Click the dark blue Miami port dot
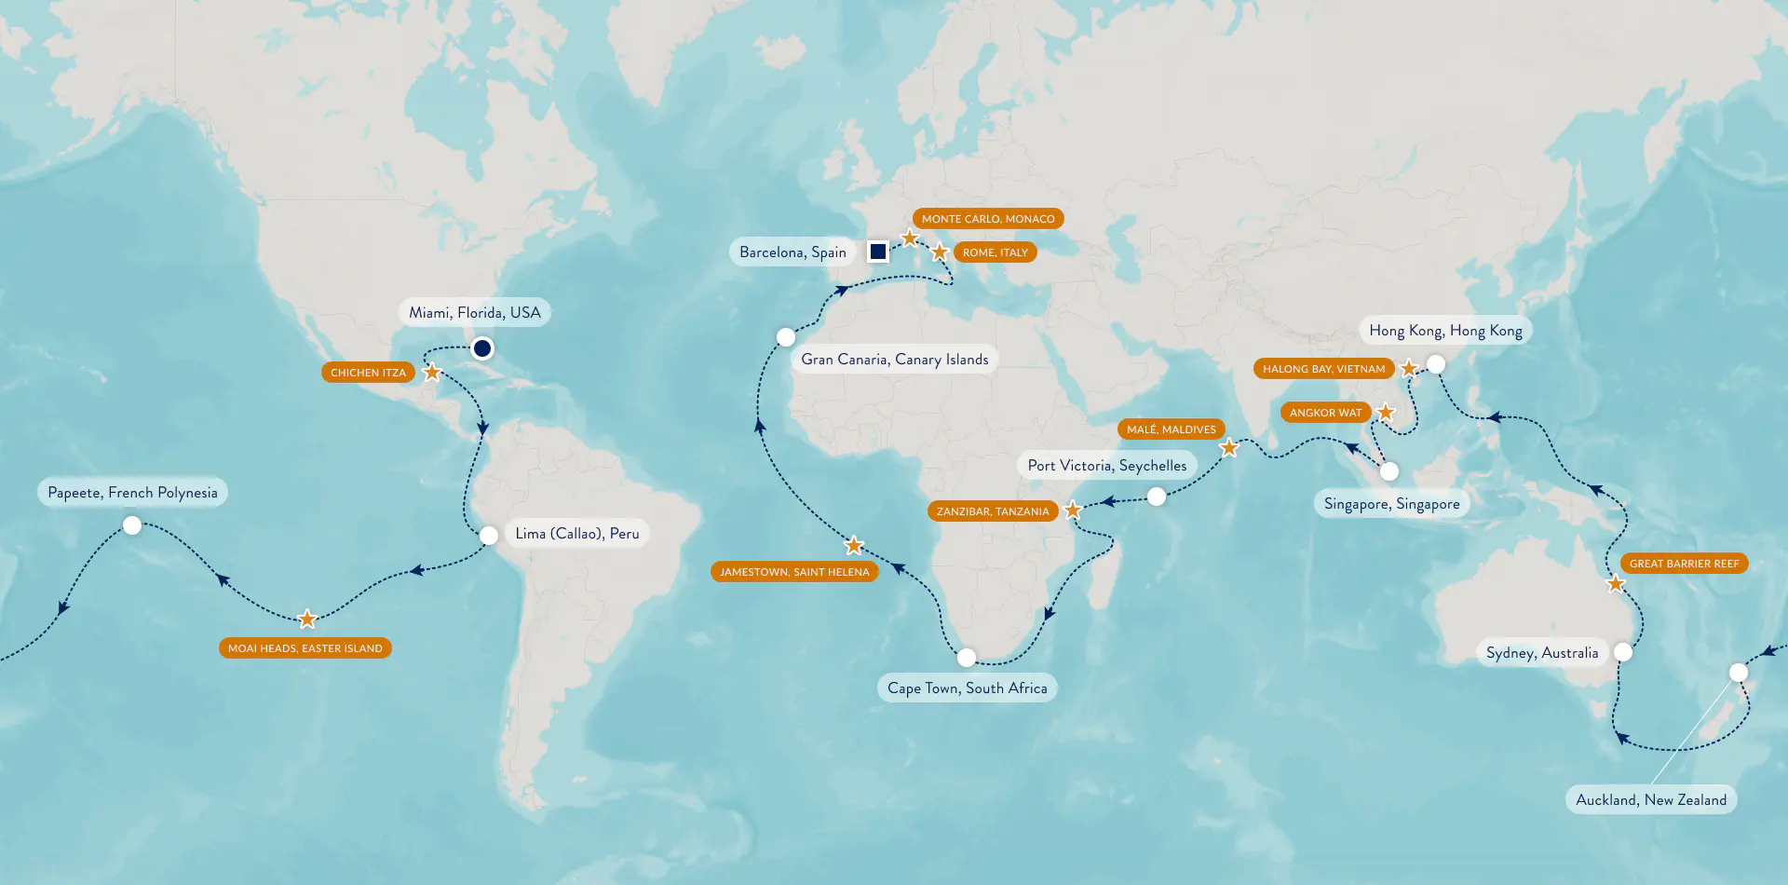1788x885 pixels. click(x=481, y=348)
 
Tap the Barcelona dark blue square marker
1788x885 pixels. click(x=877, y=252)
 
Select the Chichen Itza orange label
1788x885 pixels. click(x=368, y=373)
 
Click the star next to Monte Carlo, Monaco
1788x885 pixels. click(x=910, y=238)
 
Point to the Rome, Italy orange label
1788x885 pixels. click(x=995, y=252)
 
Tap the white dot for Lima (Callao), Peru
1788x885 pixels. click(x=489, y=536)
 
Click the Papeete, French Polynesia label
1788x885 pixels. click(x=132, y=493)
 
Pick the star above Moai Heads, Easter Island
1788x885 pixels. click(x=307, y=619)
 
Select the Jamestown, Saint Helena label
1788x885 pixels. click(x=794, y=572)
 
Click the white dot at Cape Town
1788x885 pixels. click(x=967, y=658)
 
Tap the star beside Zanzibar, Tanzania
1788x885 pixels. click(x=1073, y=510)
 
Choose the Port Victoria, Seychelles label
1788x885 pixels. click(x=1107, y=466)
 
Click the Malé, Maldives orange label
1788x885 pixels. click(x=1171, y=429)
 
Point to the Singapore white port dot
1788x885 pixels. click(x=1388, y=471)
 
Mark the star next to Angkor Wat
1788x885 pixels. click(x=1386, y=412)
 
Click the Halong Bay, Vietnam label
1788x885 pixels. click(x=1323, y=369)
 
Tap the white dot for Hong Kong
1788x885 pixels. click(x=1436, y=364)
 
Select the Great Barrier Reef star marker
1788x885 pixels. click(x=1616, y=584)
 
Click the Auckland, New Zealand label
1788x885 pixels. click(x=1650, y=800)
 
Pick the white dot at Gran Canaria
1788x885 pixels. click(x=786, y=336)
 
